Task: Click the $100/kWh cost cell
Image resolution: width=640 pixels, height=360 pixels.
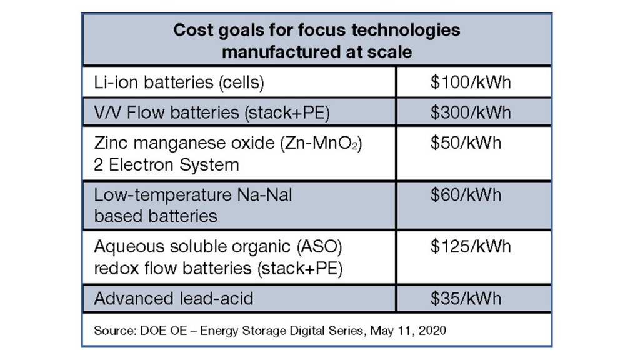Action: (x=470, y=82)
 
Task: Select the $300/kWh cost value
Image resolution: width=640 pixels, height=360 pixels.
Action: (x=470, y=112)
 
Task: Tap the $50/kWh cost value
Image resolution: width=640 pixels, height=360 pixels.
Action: (x=466, y=142)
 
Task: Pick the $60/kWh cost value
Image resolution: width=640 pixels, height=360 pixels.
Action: (x=466, y=194)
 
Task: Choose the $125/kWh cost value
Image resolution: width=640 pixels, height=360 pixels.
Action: (x=470, y=246)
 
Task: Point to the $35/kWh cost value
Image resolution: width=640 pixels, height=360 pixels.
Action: (x=466, y=297)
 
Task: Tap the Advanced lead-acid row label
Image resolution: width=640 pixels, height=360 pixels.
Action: (x=174, y=298)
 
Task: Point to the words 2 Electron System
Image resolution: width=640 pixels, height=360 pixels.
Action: (x=166, y=164)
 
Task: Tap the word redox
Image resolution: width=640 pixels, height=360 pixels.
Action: (x=117, y=268)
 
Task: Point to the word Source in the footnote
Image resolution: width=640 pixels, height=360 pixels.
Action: (x=112, y=330)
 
